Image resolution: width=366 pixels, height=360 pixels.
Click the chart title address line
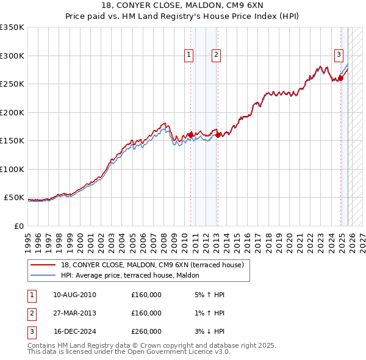point(182,6)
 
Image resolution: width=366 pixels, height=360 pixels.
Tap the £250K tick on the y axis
point(12,84)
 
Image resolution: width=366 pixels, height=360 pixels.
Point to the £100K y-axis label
point(12,169)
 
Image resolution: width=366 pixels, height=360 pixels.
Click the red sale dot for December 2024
point(341,78)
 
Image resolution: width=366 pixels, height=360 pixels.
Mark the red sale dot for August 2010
point(190,135)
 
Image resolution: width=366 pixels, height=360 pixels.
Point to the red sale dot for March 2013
point(218,135)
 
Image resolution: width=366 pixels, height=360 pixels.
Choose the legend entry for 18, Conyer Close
point(152,265)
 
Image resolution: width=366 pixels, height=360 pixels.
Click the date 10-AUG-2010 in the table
point(74,295)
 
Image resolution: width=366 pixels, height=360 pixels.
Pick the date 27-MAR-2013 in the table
point(74,313)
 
